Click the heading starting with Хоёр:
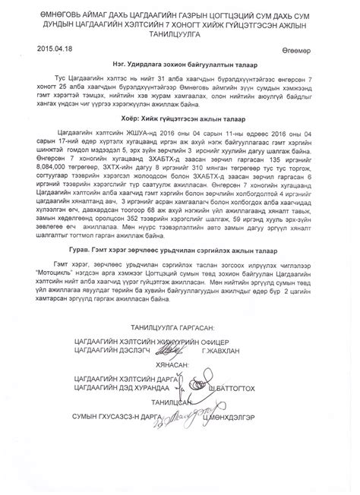tap(180, 140)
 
